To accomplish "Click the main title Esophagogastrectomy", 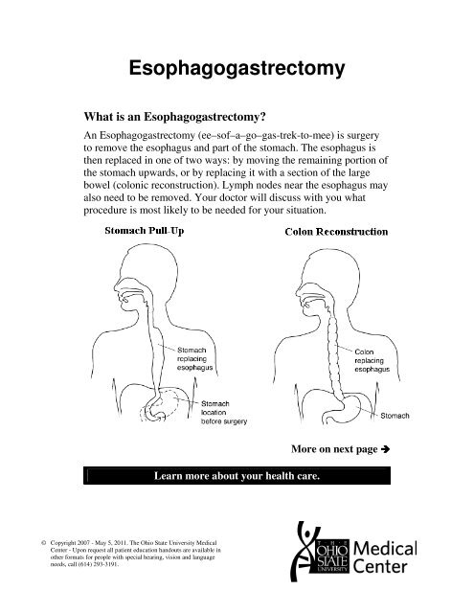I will (237, 69).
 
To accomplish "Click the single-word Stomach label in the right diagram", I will (398, 417).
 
